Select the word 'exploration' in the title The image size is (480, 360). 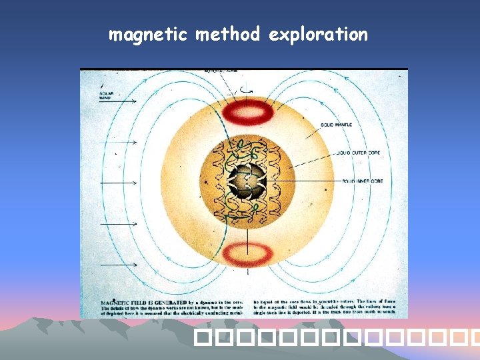318,34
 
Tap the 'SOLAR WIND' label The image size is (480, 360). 107,96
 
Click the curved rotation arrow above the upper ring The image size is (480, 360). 249,90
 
